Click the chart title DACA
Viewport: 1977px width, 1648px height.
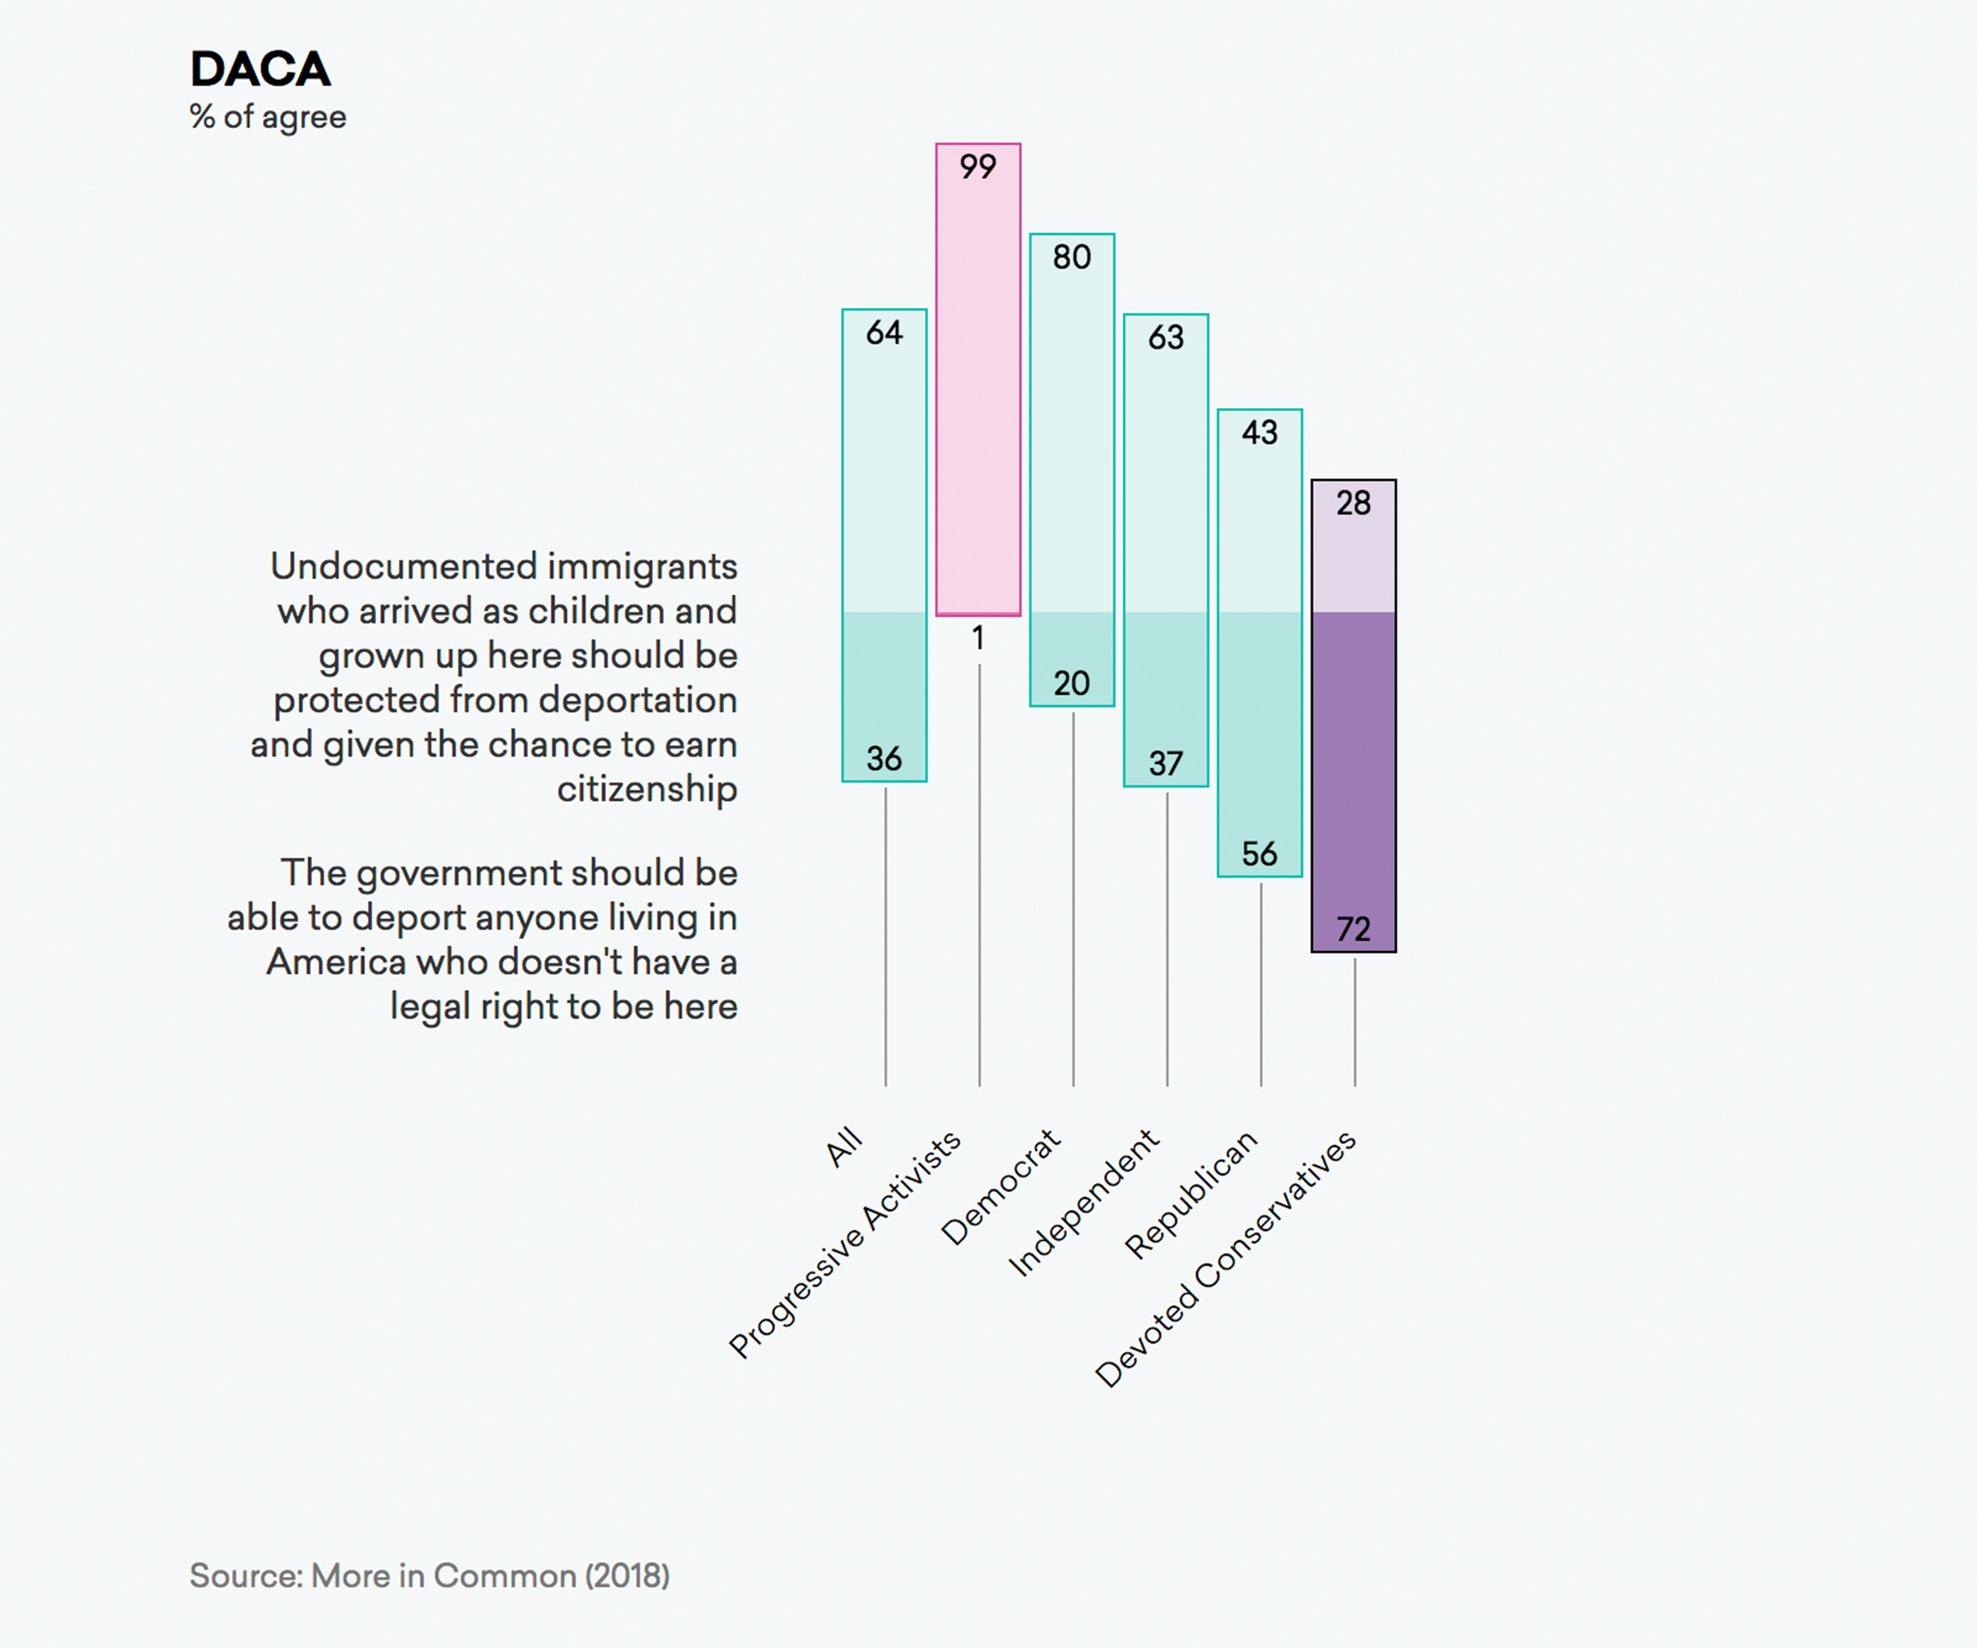click(261, 68)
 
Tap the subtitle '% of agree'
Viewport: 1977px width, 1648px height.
click(269, 117)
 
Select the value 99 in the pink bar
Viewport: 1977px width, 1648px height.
click(977, 166)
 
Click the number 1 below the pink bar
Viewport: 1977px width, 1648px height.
click(978, 639)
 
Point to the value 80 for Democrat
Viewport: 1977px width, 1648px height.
click(1072, 257)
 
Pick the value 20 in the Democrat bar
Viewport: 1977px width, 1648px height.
click(1072, 683)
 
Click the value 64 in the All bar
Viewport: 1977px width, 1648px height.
click(884, 332)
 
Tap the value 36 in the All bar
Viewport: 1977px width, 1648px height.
click(884, 758)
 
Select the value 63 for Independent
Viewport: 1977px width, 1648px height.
click(1166, 337)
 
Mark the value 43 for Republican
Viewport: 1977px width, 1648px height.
click(1260, 433)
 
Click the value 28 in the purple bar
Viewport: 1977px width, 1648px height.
click(1353, 503)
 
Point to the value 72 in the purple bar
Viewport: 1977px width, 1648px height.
click(1353, 929)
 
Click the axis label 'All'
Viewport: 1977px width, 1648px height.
click(844, 1146)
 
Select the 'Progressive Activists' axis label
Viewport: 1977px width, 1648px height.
click(844, 1244)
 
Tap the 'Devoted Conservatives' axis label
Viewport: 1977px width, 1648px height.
click(1226, 1258)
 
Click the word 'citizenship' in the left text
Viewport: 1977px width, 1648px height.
click(647, 789)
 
